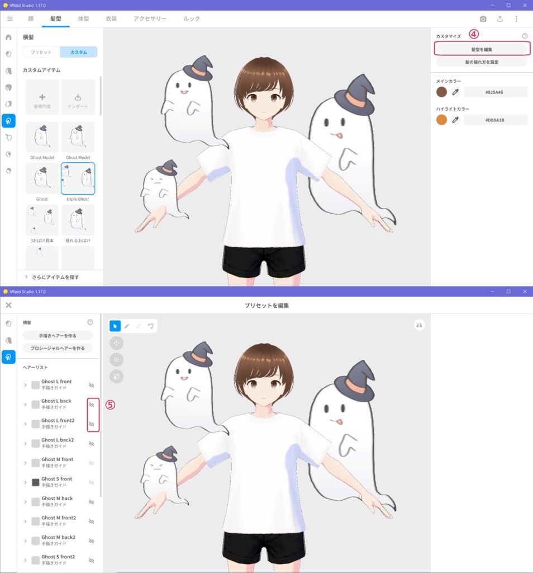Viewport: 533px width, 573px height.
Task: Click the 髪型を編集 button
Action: [482, 49]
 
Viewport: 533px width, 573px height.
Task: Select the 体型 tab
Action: [83, 18]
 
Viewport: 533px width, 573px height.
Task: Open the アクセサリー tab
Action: [150, 18]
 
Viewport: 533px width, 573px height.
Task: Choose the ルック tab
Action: [192, 18]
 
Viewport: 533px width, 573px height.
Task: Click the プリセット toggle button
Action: [41, 52]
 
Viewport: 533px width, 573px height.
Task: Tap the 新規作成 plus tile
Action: [42, 97]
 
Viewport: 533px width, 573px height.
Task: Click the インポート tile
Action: [78, 97]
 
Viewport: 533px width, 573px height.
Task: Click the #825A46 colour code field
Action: [495, 92]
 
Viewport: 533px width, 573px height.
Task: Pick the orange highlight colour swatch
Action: [441, 120]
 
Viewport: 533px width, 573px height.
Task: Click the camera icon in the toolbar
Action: [483, 18]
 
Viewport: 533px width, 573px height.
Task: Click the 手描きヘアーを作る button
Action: [58, 335]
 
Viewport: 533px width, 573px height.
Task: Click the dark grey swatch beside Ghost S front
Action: [36, 482]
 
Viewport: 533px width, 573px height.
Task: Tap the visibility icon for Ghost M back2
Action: [92, 541]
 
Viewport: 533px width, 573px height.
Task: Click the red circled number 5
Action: [110, 405]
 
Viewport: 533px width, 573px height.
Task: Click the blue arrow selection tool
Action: [115, 326]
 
